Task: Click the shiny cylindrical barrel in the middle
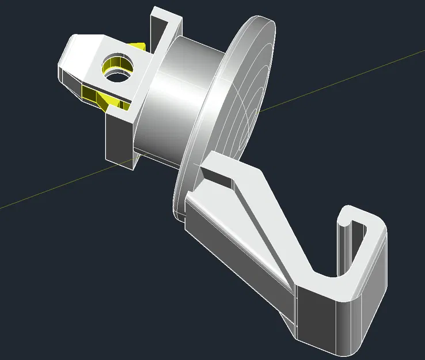point(173,104)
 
